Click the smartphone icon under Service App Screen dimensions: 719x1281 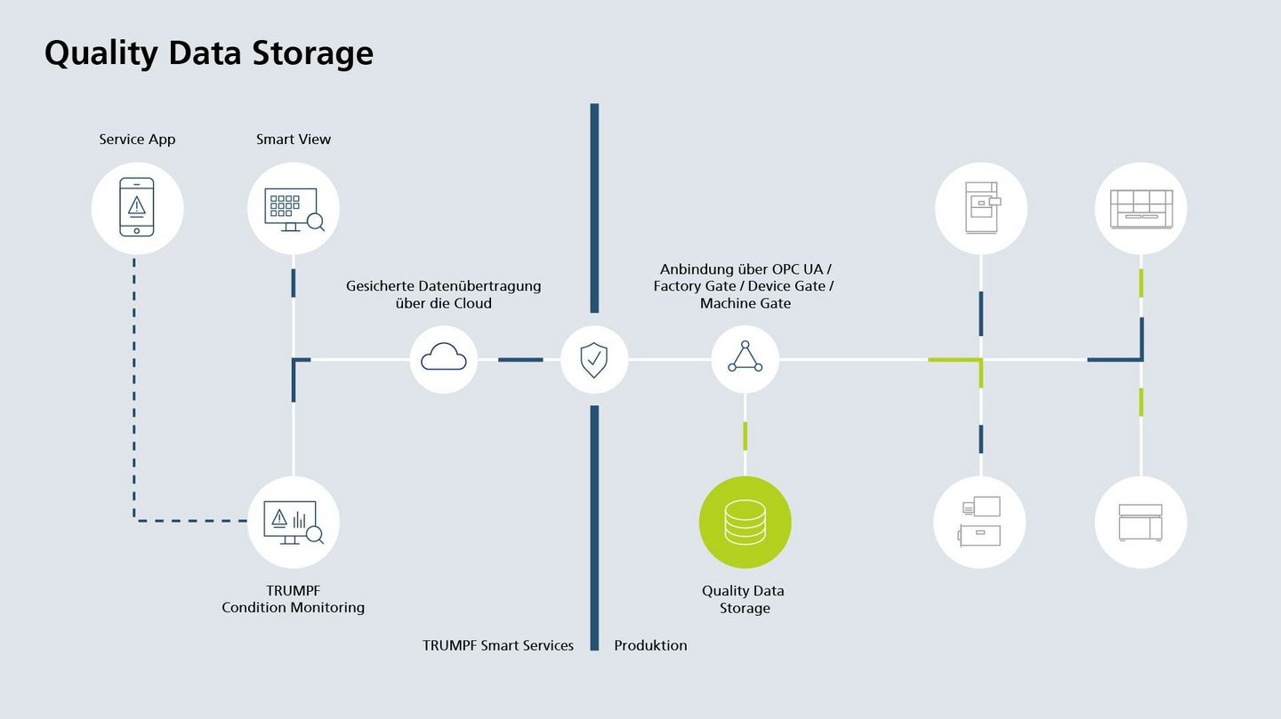point(137,208)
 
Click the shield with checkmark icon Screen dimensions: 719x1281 point(593,359)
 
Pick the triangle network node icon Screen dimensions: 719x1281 point(745,358)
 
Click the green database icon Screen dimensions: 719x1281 point(745,522)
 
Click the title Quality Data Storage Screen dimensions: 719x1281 point(209,52)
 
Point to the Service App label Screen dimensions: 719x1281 point(137,140)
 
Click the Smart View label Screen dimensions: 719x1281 point(294,140)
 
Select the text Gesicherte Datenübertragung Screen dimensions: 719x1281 point(443,286)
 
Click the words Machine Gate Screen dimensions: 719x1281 point(745,304)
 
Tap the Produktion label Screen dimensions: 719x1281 point(650,645)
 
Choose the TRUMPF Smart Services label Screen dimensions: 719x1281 point(498,645)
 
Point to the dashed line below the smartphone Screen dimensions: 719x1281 point(134,382)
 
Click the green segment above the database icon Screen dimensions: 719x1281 point(745,435)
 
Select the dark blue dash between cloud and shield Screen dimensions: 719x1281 point(520,359)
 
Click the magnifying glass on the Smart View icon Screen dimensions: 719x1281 point(315,222)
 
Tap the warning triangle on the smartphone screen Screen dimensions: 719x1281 point(137,205)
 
